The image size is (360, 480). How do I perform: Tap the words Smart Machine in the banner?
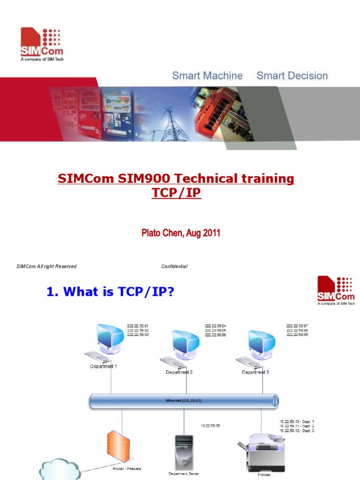[207, 75]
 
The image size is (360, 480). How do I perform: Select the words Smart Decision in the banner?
[292, 75]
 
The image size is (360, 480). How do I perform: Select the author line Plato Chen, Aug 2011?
[180, 233]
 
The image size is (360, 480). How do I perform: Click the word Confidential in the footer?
[174, 266]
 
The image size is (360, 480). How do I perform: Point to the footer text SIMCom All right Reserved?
[46, 266]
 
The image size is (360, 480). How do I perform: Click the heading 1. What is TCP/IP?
[111, 292]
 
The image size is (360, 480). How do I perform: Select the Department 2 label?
[179, 372]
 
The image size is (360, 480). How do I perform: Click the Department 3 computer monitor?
[261, 343]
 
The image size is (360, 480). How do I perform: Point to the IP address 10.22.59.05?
[210, 426]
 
